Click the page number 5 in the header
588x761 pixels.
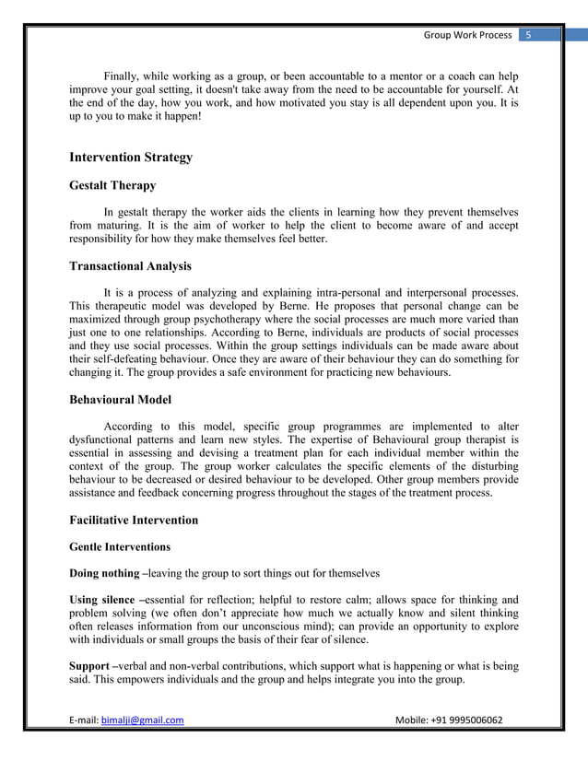(x=528, y=35)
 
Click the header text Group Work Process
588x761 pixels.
(x=467, y=35)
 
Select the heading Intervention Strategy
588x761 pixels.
(x=131, y=158)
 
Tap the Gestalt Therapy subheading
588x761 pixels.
(x=112, y=185)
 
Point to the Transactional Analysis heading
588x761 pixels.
(x=130, y=266)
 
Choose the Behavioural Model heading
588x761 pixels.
(x=121, y=401)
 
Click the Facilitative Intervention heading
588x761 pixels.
(x=134, y=520)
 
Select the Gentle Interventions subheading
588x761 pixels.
(x=119, y=546)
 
